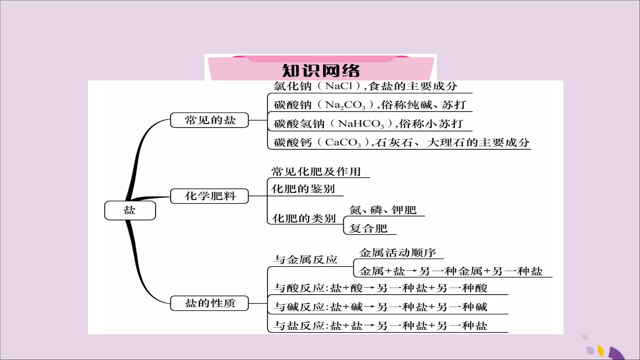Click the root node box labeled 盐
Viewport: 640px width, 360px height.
(x=130, y=210)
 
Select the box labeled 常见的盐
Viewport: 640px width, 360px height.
(x=209, y=120)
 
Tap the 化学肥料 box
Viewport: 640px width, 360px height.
(x=209, y=196)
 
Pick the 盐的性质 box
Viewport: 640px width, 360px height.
(x=209, y=303)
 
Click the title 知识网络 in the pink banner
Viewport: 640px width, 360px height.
(x=321, y=71)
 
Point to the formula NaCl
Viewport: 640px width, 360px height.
(x=339, y=86)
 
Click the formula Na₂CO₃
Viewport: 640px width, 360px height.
(x=345, y=105)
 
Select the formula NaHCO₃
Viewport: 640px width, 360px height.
(x=361, y=124)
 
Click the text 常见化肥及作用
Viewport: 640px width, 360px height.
(x=316, y=172)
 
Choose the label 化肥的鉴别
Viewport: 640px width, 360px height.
(x=303, y=189)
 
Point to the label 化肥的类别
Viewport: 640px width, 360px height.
(x=304, y=219)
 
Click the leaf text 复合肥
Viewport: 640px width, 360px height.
(x=368, y=228)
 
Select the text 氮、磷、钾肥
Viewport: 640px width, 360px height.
(x=383, y=210)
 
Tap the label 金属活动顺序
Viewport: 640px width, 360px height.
(x=397, y=253)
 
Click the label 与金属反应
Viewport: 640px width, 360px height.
(x=306, y=260)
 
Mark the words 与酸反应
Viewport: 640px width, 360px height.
(x=300, y=288)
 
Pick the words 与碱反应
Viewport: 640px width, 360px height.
(x=300, y=307)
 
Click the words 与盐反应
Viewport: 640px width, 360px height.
(x=300, y=326)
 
